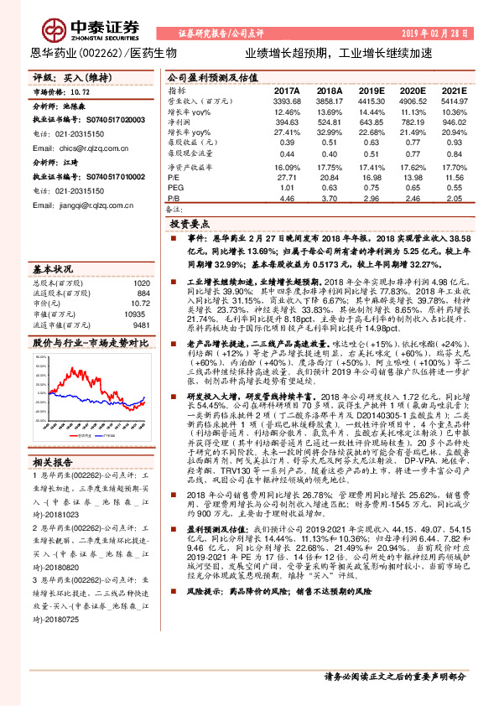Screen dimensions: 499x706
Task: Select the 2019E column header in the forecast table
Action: coord(370,90)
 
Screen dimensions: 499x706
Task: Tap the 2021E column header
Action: coord(454,90)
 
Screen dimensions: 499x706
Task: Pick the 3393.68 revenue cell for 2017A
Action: coord(286,101)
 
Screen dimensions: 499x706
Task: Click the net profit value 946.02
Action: coord(454,122)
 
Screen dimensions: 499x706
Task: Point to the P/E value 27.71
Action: coord(286,178)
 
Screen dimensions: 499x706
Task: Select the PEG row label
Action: coord(174,189)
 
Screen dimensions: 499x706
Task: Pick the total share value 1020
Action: coord(142,283)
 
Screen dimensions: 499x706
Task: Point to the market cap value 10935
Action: coord(138,313)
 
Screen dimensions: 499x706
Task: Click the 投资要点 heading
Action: coord(190,225)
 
